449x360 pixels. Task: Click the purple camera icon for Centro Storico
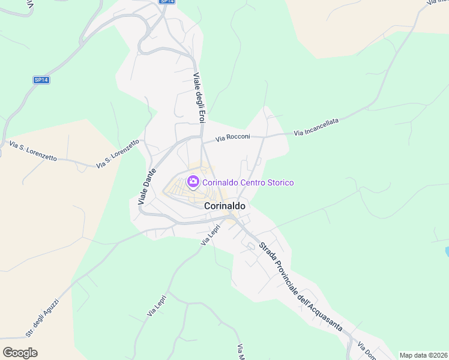pyautogui.click(x=193, y=181)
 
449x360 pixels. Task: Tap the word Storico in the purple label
pyautogui.click(x=276, y=182)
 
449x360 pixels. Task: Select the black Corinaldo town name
pyautogui.click(x=225, y=205)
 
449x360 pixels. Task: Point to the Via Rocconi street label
pyautogui.click(x=233, y=137)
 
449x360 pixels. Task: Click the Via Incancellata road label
pyautogui.click(x=316, y=126)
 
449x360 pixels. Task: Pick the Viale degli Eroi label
pyautogui.click(x=199, y=99)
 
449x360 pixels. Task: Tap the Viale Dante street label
pyautogui.click(x=147, y=187)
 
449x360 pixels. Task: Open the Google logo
pyautogui.click(x=20, y=352)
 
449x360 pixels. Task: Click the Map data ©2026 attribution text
pyautogui.click(x=423, y=355)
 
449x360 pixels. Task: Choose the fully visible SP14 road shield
pyautogui.click(x=41, y=80)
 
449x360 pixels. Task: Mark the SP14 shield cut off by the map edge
pyautogui.click(x=167, y=2)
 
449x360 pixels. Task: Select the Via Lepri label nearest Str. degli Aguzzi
pyautogui.click(x=156, y=307)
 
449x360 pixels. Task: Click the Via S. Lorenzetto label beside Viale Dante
pyautogui.click(x=118, y=154)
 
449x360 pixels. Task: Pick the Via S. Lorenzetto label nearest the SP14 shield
pyautogui.click(x=33, y=151)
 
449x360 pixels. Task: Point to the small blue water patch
pyautogui.click(x=447, y=251)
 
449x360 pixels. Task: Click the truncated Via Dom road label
pyautogui.click(x=366, y=351)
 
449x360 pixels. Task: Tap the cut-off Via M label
pyautogui.click(x=240, y=352)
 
